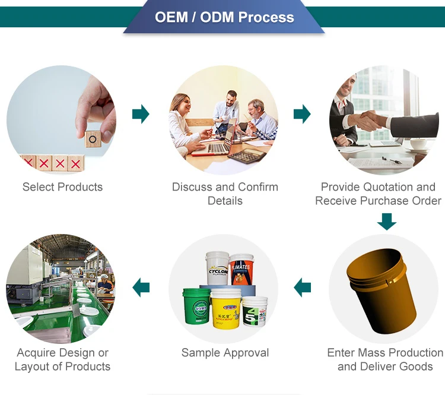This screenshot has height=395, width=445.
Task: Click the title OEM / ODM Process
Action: click(224, 17)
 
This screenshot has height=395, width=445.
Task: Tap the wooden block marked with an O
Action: click(93, 139)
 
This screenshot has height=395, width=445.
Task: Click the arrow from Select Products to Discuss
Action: click(141, 114)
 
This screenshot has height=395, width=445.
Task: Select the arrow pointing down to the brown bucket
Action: click(387, 222)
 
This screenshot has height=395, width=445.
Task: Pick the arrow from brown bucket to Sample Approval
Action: click(302, 287)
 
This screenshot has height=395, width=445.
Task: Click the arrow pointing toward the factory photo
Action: click(141, 287)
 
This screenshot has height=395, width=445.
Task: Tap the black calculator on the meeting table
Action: click(247, 156)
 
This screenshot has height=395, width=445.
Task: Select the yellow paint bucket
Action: click(225, 309)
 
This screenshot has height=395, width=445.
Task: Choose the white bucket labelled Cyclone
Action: click(217, 268)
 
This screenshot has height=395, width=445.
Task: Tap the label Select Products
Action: click(62, 187)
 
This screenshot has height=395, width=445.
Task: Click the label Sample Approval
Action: click(225, 353)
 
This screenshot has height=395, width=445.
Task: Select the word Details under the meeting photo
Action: click(225, 201)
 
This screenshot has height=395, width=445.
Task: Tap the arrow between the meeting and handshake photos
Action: click(302, 114)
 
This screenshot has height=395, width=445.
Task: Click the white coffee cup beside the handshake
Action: click(419, 144)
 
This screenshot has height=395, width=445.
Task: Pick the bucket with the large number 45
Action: click(255, 312)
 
